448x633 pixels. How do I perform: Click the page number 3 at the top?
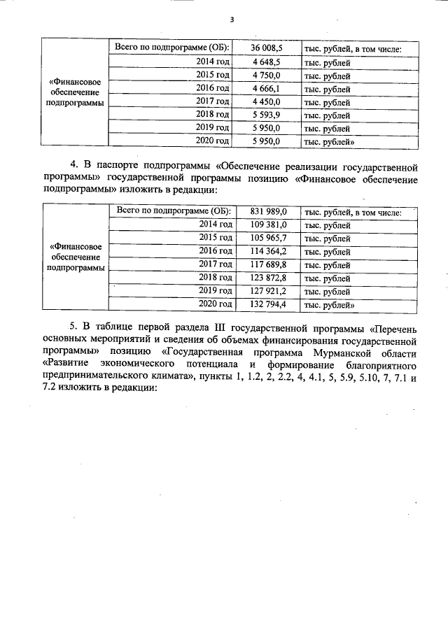231,20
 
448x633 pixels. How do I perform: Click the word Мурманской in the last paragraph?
347,353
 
